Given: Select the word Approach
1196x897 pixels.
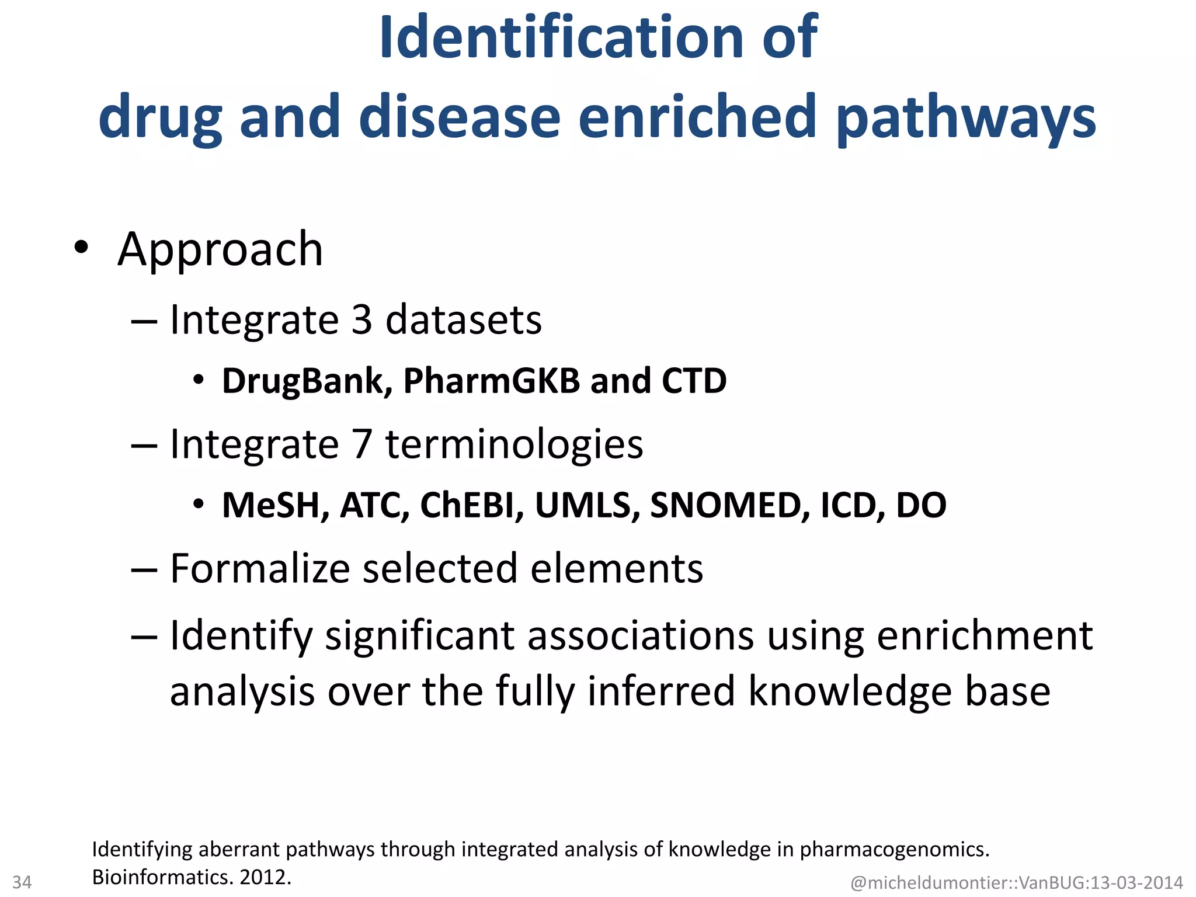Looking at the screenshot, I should [x=220, y=249].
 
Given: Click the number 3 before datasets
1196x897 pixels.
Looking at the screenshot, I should [x=362, y=320].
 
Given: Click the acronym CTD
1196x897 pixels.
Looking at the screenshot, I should [x=694, y=381].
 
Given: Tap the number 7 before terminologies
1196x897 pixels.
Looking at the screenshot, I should [x=362, y=444].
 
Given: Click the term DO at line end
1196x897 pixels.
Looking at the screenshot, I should [x=921, y=505].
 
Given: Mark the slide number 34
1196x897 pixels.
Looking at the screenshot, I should [x=22, y=882].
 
